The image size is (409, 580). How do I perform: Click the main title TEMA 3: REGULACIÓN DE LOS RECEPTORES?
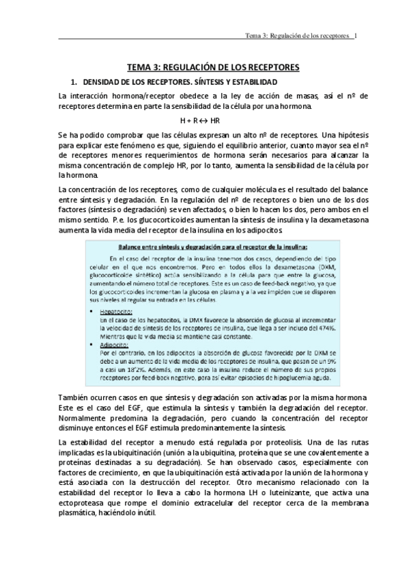click(x=204, y=68)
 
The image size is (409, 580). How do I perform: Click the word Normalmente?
click(x=84, y=418)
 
